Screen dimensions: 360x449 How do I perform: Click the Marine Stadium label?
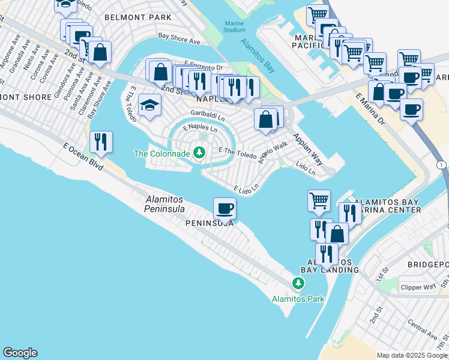(234, 26)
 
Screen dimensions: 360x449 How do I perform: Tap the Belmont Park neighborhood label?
(138, 17)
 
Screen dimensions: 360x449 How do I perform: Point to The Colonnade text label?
(161, 154)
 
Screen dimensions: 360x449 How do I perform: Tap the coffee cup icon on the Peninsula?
(224, 208)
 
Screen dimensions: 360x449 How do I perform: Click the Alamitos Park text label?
(298, 298)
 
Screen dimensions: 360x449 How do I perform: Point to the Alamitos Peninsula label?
(164, 204)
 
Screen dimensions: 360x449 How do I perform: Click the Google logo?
(20, 353)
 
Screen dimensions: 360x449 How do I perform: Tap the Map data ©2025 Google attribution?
(412, 355)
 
